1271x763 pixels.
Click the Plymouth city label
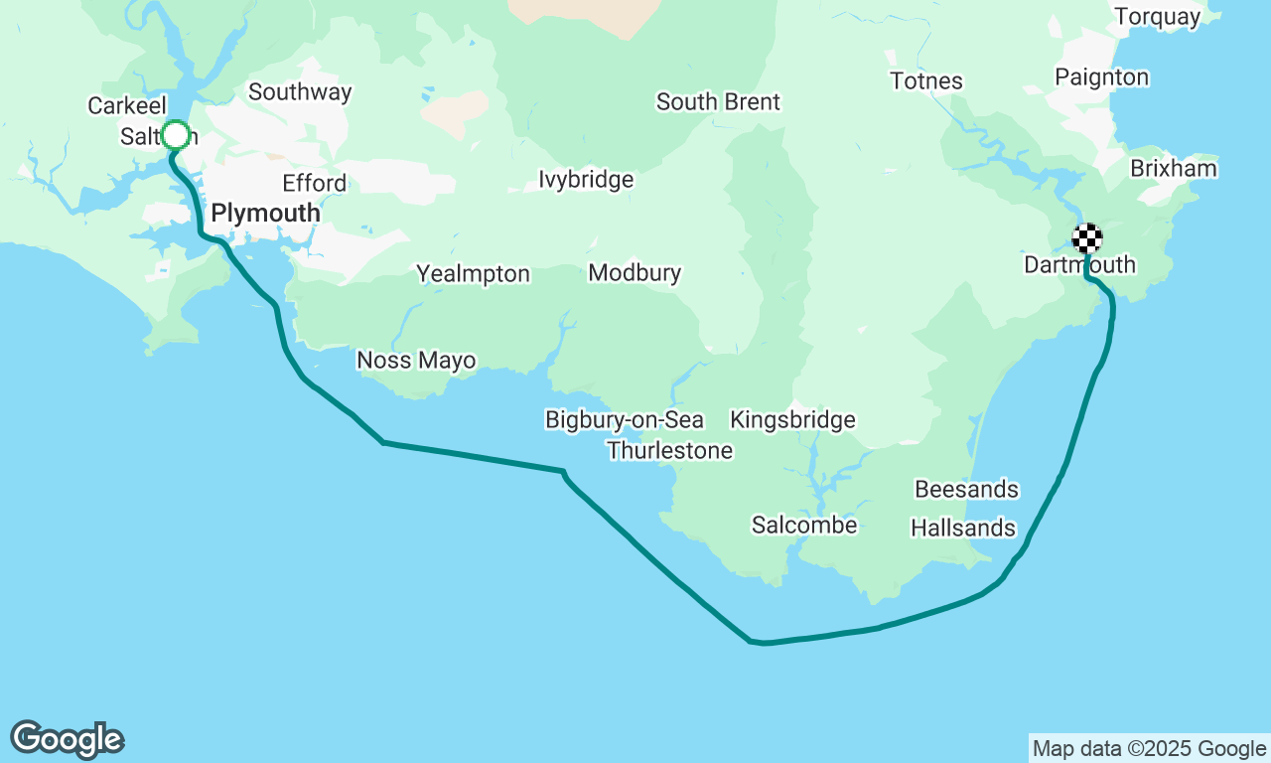point(265,214)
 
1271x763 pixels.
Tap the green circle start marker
point(176,134)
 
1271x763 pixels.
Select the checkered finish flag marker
point(1087,238)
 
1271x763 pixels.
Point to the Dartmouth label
point(1079,265)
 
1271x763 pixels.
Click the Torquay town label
point(1157,17)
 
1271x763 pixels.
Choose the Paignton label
point(1101,77)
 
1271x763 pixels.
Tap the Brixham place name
point(1173,169)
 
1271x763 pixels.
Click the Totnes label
point(926,81)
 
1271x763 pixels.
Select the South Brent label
point(718,102)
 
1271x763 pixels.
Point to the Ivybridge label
point(586,180)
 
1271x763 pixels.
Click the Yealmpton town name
point(473,274)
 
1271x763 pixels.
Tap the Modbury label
point(635,273)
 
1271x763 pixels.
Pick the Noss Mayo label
point(416,361)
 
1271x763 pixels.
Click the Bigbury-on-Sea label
point(625,420)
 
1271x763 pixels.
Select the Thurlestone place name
point(670,451)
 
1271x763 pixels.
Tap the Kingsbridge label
point(792,420)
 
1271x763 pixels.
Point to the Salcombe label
point(804,526)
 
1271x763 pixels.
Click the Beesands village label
point(966,490)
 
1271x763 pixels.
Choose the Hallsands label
point(963,529)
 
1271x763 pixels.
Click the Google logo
point(68,740)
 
